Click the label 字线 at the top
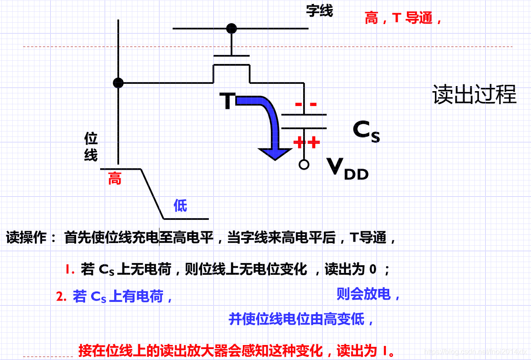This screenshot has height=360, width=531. click(319, 11)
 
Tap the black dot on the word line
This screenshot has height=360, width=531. click(232, 29)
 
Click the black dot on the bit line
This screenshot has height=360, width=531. click(118, 83)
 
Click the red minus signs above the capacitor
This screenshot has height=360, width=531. click(306, 105)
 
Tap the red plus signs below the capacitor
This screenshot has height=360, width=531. click(307, 142)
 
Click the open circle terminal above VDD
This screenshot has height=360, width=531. click(304, 165)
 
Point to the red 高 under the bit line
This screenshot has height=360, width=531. click(115, 179)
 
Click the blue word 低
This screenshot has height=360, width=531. click(180, 206)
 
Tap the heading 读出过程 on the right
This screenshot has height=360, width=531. click(474, 95)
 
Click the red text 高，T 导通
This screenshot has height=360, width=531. click(403, 18)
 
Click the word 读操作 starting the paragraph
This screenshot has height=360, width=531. click(26, 238)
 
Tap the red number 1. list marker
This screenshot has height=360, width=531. click(70, 270)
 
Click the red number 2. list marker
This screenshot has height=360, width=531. click(62, 297)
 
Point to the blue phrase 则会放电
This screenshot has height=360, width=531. click(368, 294)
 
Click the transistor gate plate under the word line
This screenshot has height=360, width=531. click(232, 56)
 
